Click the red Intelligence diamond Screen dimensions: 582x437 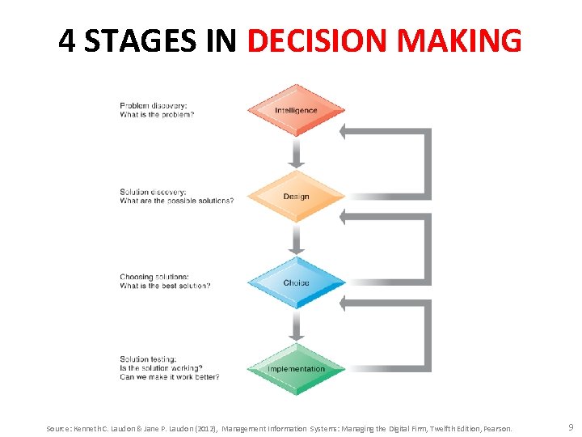[x=296, y=110]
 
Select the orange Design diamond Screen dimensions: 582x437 [x=296, y=197]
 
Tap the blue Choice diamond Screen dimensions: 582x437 [x=296, y=282]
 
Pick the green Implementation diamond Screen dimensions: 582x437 [x=296, y=369]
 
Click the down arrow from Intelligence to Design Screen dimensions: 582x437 [x=296, y=152]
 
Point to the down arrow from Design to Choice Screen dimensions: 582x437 [x=296, y=239]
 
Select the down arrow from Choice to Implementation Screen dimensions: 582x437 [x=296, y=325]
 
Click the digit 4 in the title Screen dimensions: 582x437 [x=67, y=40]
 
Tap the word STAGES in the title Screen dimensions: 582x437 [x=140, y=40]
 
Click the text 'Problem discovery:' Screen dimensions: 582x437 [x=153, y=106]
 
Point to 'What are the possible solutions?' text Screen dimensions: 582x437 [x=176, y=201]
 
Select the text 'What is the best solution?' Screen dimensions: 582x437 [x=165, y=286]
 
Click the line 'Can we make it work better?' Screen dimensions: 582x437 [x=169, y=377]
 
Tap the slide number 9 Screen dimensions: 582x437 [x=571, y=426]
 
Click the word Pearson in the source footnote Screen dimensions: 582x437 [x=498, y=428]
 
